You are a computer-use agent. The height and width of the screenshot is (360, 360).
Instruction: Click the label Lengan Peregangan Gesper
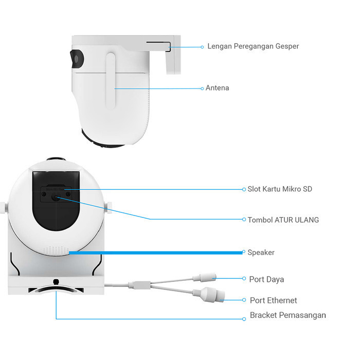coord(253,46)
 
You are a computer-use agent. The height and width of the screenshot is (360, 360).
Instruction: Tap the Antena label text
coord(217,88)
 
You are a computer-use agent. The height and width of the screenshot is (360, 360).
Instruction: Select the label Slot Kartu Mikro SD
coord(280,189)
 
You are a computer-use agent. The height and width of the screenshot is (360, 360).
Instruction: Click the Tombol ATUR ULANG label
coord(283,220)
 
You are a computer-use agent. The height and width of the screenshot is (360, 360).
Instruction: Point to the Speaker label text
coord(261,253)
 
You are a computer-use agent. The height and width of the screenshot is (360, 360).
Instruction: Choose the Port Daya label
coord(266,279)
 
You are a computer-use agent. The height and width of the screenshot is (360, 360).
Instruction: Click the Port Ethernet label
coord(274,300)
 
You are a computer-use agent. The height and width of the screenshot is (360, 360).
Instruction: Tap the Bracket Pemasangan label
coord(288,315)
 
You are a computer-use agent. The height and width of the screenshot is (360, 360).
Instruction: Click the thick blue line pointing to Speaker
coord(156,253)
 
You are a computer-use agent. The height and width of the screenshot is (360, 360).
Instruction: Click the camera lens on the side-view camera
coord(77,59)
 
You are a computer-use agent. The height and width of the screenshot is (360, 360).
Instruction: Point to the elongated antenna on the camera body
coord(111,81)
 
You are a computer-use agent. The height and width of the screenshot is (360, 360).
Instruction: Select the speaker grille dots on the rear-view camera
coord(56,250)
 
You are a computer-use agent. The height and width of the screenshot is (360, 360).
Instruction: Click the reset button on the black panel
coord(56,197)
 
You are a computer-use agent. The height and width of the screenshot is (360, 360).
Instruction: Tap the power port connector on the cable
coord(205,278)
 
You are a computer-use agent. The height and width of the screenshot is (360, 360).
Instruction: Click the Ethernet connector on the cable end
coord(209,295)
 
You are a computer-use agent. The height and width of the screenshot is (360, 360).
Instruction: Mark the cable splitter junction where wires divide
coord(139,285)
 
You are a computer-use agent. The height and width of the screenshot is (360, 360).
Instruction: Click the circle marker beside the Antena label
coord(202,88)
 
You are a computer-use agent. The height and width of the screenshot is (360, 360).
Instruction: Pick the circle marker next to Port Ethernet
coord(244,300)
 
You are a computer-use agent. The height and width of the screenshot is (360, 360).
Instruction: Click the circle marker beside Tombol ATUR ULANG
coord(244,219)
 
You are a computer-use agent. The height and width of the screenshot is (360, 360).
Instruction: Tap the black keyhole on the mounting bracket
coord(56,282)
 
